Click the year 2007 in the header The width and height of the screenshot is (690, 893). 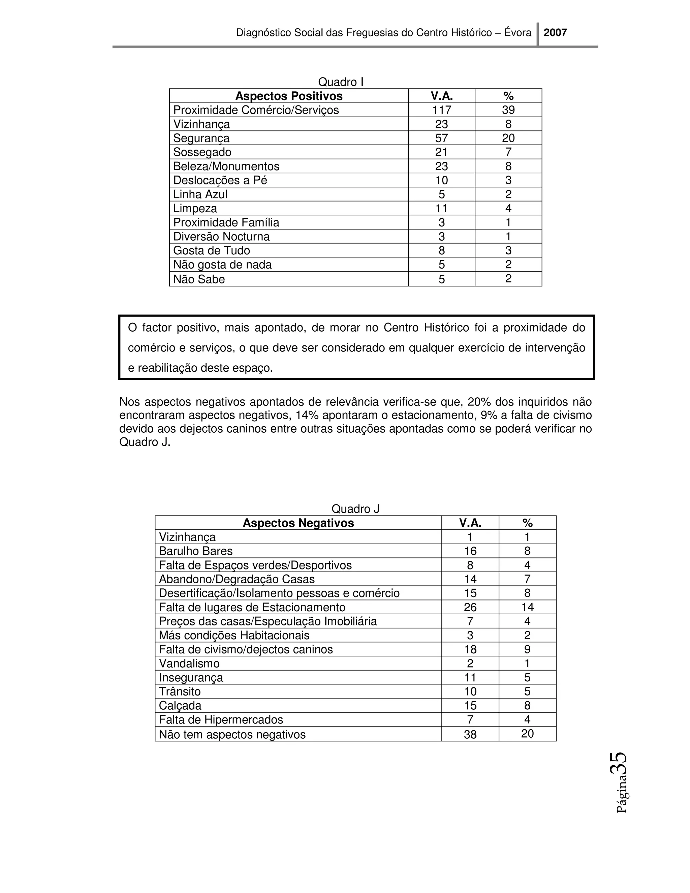(x=555, y=33)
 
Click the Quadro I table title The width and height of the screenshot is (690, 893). (x=341, y=82)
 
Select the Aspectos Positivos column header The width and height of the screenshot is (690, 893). (x=289, y=96)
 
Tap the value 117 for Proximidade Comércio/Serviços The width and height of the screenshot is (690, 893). (x=441, y=110)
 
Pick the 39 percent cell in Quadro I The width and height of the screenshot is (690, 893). (x=508, y=110)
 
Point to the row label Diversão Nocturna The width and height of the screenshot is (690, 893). (x=221, y=236)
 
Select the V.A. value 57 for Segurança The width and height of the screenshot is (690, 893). (x=441, y=138)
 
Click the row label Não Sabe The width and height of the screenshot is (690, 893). (x=199, y=279)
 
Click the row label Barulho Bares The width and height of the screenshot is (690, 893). (x=195, y=551)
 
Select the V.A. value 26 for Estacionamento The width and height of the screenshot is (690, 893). (x=470, y=607)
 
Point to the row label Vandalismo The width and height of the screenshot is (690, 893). (x=189, y=663)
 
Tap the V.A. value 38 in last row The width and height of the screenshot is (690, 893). (x=470, y=735)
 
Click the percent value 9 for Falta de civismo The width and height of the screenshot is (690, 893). (x=527, y=649)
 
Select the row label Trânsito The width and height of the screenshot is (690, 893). (x=180, y=691)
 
